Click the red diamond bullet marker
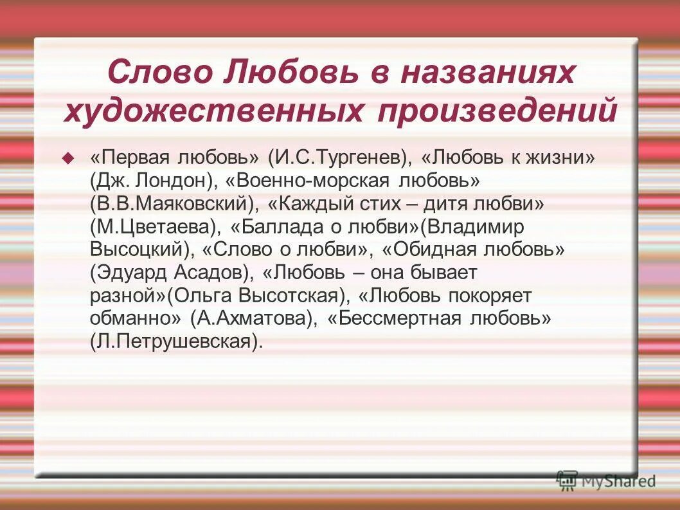[x=68, y=158]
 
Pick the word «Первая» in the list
[x=132, y=158]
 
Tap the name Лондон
[x=170, y=181]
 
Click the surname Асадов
[x=209, y=273]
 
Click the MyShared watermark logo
[x=607, y=480]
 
